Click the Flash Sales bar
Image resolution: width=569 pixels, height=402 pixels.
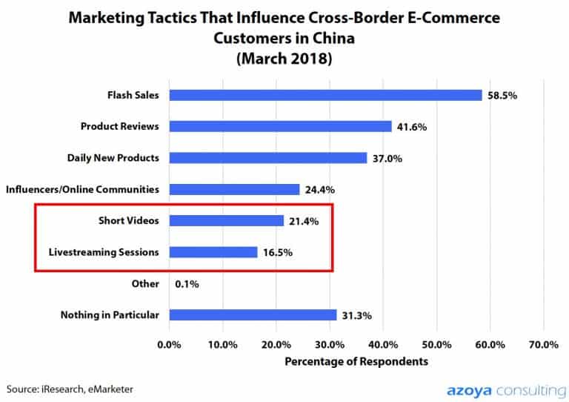[x=326, y=95]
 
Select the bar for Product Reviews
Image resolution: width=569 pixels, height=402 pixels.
[x=281, y=127]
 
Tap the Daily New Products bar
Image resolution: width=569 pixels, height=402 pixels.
[x=268, y=158]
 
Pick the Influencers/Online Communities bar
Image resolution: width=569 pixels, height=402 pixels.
[x=235, y=190]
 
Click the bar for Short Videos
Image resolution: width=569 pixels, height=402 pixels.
[x=227, y=221]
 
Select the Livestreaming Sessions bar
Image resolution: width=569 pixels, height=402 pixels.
[x=213, y=252]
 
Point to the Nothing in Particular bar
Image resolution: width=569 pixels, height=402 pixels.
[x=253, y=315]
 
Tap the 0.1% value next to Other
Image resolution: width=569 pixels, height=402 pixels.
[x=187, y=284]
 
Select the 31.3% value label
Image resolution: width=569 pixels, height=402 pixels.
[x=356, y=316]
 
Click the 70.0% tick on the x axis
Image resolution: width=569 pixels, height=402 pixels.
[x=544, y=345]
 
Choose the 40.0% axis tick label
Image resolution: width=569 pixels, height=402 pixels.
[x=384, y=345]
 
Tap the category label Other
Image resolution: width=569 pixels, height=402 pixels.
[x=145, y=284]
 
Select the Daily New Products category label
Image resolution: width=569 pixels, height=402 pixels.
[x=113, y=158]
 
